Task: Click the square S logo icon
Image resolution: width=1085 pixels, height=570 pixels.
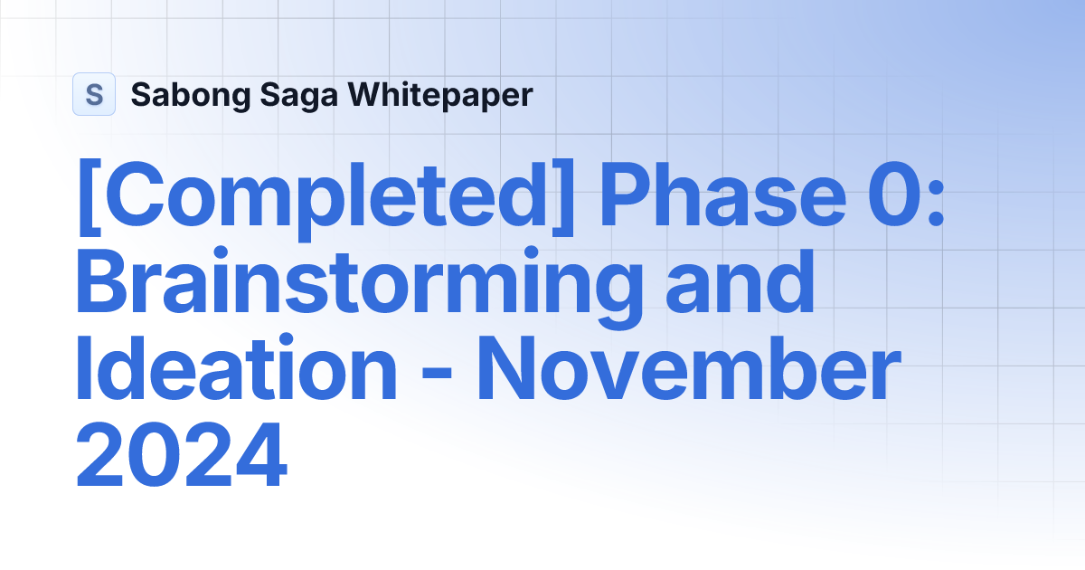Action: tap(94, 94)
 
